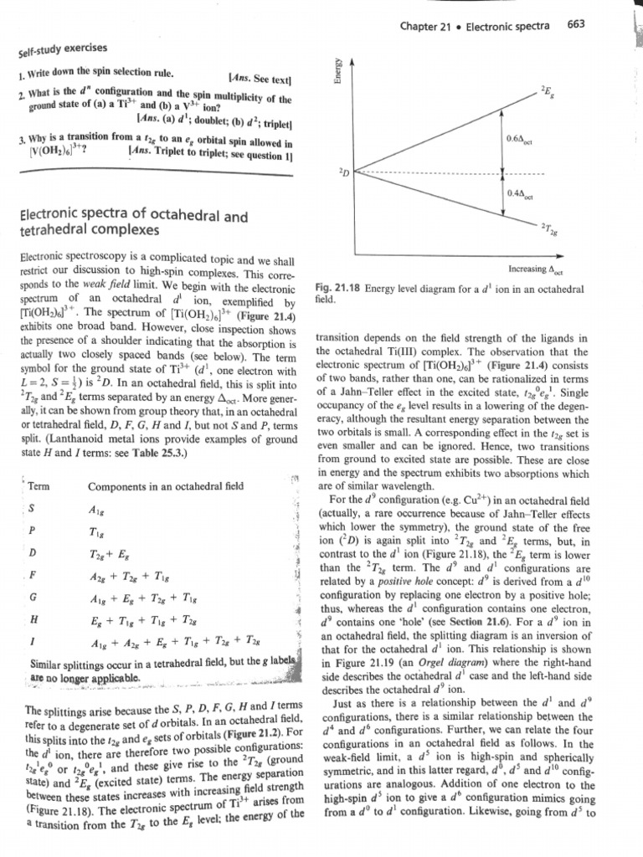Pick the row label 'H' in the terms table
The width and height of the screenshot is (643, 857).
(x=32, y=618)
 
